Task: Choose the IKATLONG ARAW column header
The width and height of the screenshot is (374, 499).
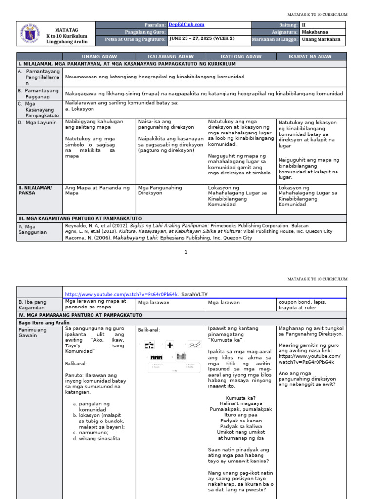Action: (x=241, y=57)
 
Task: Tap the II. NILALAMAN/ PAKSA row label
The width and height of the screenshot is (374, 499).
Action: (x=35, y=190)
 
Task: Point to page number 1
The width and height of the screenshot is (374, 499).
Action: (x=186, y=252)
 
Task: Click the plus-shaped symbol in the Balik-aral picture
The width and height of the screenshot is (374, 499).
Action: (x=170, y=345)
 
